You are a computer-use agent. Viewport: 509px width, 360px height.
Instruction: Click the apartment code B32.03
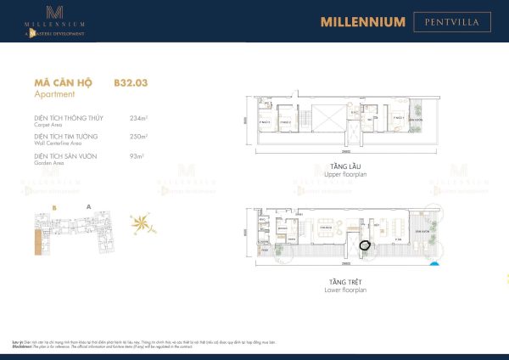tap(130, 84)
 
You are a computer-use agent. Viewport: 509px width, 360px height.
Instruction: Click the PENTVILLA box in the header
tap(451, 21)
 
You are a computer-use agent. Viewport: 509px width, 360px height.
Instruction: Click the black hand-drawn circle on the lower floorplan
tap(365, 245)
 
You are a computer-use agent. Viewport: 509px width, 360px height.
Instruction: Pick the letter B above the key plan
tap(53, 206)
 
